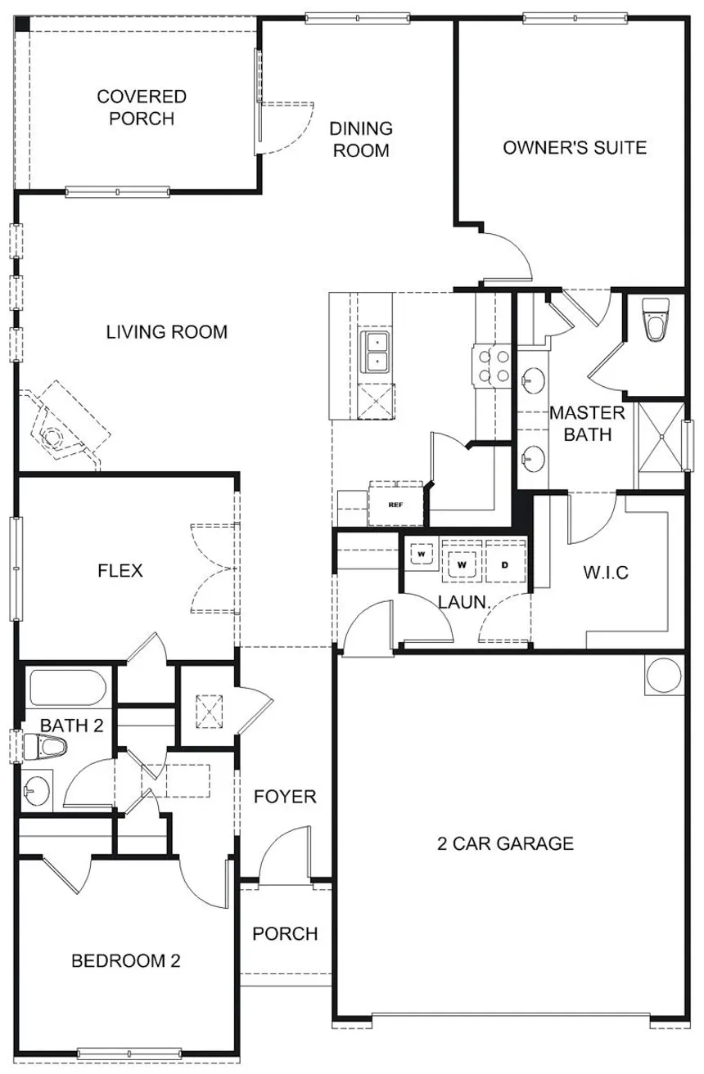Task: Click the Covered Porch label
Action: pyautogui.click(x=142, y=107)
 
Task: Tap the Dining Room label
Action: pyautogui.click(x=361, y=140)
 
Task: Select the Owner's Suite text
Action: pyautogui.click(x=575, y=148)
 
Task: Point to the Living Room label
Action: pyautogui.click(x=166, y=332)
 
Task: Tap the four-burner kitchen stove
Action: pyautogui.click(x=492, y=366)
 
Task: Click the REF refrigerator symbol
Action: pyautogui.click(x=396, y=505)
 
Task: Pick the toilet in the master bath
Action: pyautogui.click(x=656, y=319)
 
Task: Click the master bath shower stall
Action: pyautogui.click(x=661, y=437)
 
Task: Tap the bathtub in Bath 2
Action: pyautogui.click(x=67, y=688)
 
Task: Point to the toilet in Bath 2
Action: pyautogui.click(x=45, y=746)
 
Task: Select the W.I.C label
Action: pyautogui.click(x=606, y=573)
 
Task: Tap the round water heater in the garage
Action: pyautogui.click(x=664, y=675)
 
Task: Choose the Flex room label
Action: pyautogui.click(x=120, y=571)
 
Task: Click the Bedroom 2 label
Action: pyautogui.click(x=126, y=960)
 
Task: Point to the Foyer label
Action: pyautogui.click(x=285, y=797)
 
